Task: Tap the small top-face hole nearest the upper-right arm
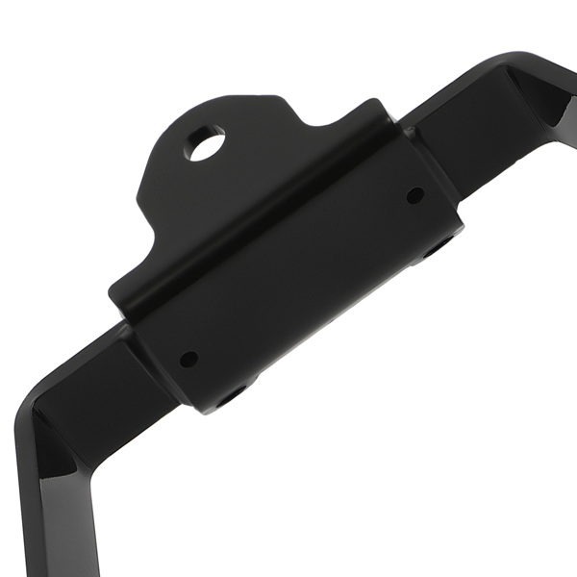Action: tap(414, 195)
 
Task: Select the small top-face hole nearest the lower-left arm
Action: tap(188, 360)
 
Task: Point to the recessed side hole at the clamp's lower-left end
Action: tap(231, 395)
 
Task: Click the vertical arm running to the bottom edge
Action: tap(58, 529)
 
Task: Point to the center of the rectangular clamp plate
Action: tap(298, 279)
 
